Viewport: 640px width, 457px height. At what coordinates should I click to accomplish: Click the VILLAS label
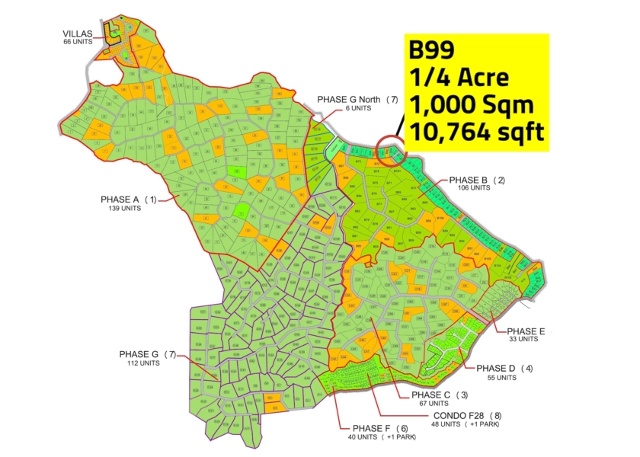(78, 34)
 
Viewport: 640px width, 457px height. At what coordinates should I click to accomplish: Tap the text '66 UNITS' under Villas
(78, 42)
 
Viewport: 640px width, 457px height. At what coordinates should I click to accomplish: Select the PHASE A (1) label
(128, 200)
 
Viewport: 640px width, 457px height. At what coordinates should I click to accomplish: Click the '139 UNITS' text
(125, 208)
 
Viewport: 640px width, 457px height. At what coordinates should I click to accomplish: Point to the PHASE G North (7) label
(357, 100)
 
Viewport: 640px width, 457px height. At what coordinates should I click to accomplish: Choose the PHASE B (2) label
(478, 180)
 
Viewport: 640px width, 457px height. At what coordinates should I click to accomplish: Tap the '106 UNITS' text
(474, 187)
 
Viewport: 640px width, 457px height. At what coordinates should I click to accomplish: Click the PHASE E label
(526, 331)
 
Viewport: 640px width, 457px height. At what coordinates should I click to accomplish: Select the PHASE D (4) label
(504, 369)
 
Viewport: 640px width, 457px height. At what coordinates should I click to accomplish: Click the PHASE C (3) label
(440, 395)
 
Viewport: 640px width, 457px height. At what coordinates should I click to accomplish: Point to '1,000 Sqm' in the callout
(469, 104)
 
